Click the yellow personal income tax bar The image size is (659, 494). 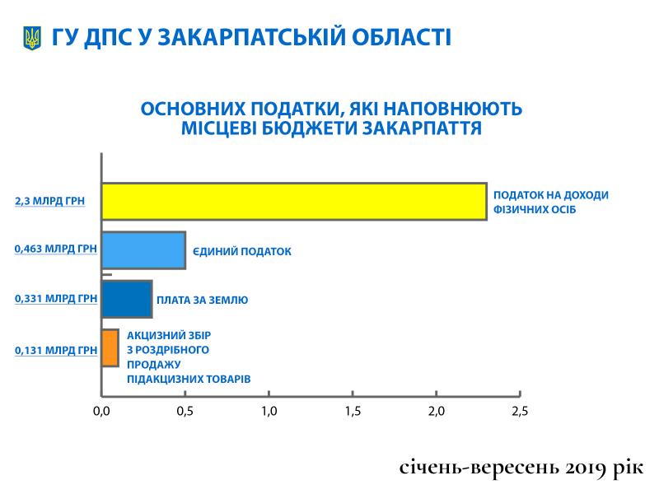click(x=294, y=202)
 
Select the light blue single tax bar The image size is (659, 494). click(x=143, y=250)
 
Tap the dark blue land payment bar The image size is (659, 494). click(x=127, y=299)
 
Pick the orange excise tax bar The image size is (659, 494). click(x=110, y=347)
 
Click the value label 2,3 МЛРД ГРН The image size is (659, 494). click(x=50, y=201)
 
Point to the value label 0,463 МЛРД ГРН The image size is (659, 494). click(x=56, y=249)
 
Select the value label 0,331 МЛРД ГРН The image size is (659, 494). click(x=56, y=299)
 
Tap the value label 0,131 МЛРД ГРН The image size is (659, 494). click(x=56, y=351)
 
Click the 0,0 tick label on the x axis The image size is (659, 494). click(x=101, y=411)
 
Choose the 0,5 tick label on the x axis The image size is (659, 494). click(x=185, y=411)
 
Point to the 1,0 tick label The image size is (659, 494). click(x=269, y=411)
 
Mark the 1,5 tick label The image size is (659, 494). click(x=353, y=411)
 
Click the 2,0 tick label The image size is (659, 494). click(x=437, y=411)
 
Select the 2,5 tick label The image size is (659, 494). click(x=520, y=411)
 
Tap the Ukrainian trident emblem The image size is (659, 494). click(x=32, y=38)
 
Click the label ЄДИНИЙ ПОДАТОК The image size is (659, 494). click(x=242, y=252)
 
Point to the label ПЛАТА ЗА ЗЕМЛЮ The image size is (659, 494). click(x=202, y=300)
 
